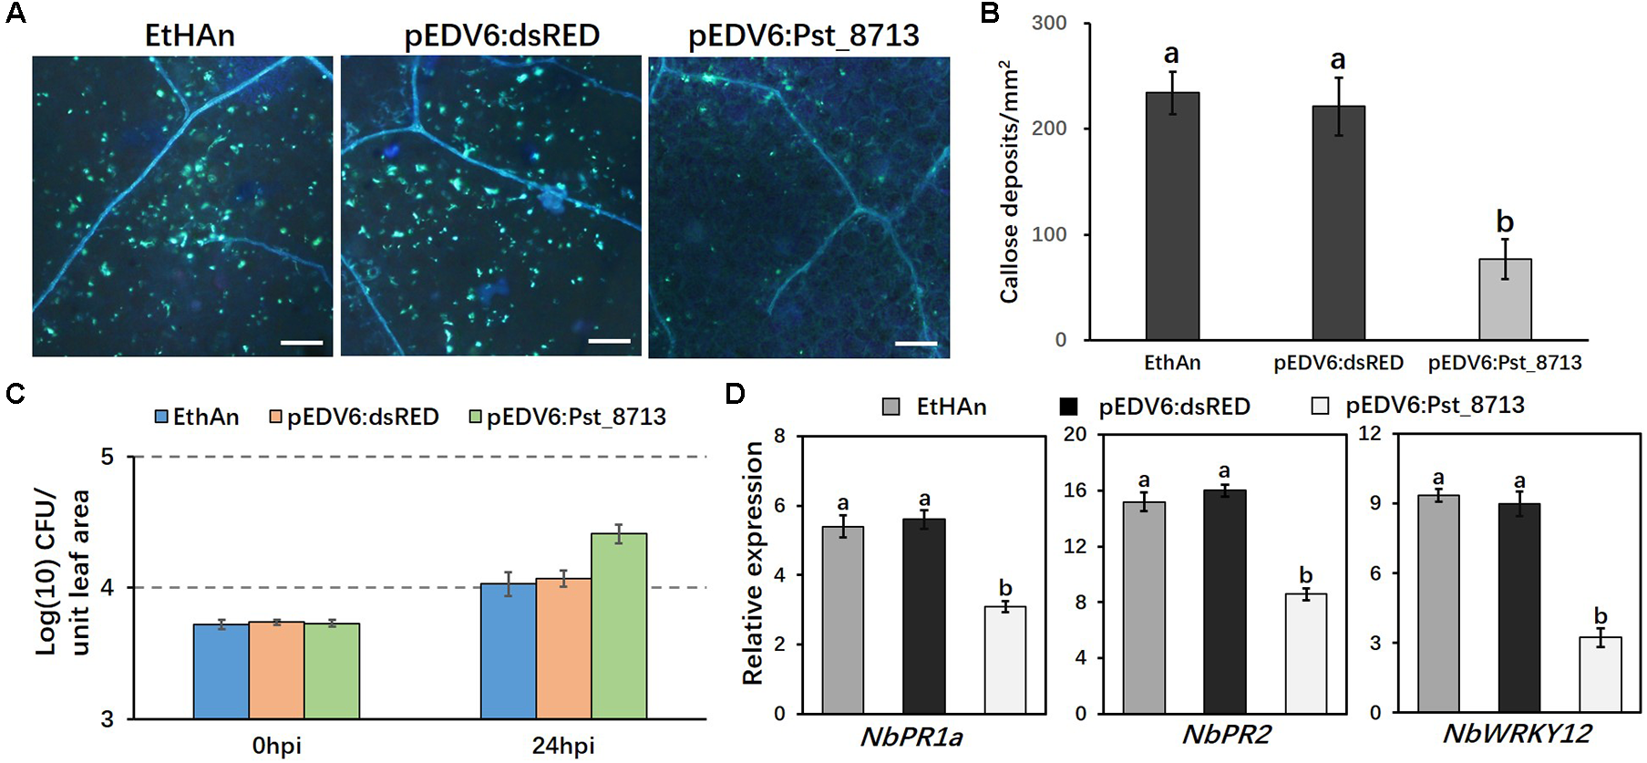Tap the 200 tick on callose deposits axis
click(1049, 129)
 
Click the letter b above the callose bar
click(1505, 222)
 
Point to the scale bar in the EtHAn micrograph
click(302, 343)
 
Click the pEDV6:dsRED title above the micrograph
click(501, 36)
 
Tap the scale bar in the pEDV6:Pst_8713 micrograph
click(916, 344)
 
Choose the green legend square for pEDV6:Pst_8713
click(475, 417)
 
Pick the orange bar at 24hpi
click(563, 648)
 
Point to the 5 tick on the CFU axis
click(108, 456)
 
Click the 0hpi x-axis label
click(276, 746)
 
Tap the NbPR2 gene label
click(1226, 734)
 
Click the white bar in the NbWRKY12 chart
click(1600, 675)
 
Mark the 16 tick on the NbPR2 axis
click(1076, 490)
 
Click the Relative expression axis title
click(753, 562)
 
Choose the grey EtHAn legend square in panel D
click(890, 407)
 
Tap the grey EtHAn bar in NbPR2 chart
click(1143, 607)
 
